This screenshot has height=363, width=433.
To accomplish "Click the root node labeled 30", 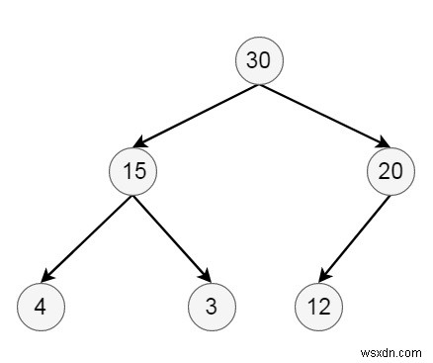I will pyautogui.click(x=259, y=60).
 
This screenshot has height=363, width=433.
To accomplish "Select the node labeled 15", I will pyautogui.click(x=133, y=170).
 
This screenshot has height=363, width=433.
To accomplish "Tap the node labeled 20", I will pyautogui.click(x=390, y=170).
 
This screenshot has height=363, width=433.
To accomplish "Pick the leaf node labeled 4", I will pyautogui.click(x=40, y=306).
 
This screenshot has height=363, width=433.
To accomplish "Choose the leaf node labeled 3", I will pyautogui.click(x=212, y=306).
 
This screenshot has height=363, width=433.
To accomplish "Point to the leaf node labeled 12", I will pyautogui.click(x=318, y=306).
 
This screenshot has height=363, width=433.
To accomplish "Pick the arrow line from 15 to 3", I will pyautogui.click(x=171, y=237).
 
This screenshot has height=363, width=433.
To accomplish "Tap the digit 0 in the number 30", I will pyautogui.click(x=265, y=60).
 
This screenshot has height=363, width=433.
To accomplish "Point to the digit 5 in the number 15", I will pyautogui.click(x=139, y=170).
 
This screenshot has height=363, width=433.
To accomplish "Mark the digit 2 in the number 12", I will pyautogui.click(x=324, y=306).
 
